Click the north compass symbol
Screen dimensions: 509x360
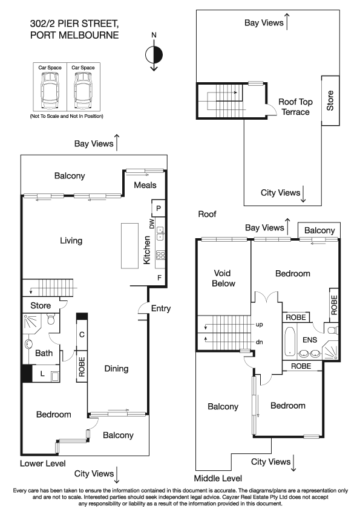point(154,54)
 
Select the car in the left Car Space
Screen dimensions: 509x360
point(50,91)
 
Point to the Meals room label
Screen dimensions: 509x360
point(145,185)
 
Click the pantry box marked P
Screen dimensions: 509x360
point(158,209)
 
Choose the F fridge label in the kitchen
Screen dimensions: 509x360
point(159,278)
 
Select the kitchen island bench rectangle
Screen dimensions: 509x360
point(129,245)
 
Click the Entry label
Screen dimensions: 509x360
point(160,308)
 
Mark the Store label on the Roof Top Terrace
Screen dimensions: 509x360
point(330,100)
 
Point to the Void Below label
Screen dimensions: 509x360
point(223,278)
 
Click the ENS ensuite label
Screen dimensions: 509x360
point(310,340)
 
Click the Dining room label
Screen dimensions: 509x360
point(117,369)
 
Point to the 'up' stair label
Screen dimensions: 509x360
point(260,325)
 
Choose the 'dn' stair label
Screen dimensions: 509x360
point(260,342)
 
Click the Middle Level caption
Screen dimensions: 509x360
point(218,478)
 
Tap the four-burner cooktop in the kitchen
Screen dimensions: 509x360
point(160,255)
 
